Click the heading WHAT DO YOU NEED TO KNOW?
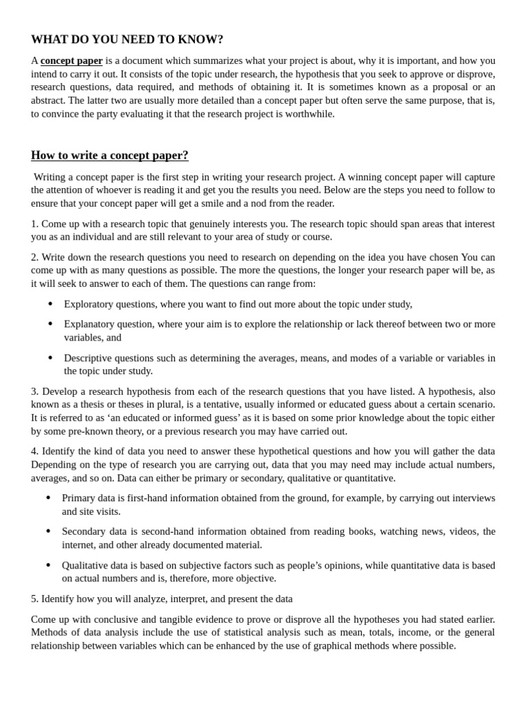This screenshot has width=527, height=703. point(127,40)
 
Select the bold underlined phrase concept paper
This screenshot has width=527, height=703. point(71,60)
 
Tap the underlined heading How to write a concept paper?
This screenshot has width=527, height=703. point(110,155)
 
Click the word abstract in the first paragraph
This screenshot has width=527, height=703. point(50,100)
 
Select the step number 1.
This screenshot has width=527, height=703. point(34,224)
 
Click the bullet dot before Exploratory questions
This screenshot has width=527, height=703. point(49,304)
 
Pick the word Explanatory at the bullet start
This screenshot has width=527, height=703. point(90,324)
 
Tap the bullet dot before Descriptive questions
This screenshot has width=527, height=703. point(49,358)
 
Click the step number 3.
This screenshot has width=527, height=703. point(34,391)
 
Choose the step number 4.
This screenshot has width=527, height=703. point(34,451)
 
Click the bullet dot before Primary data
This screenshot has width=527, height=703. point(48,498)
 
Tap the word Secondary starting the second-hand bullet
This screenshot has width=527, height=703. point(84,531)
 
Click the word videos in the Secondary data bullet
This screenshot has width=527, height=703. point(462,531)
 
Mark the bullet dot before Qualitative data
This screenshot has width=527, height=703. point(48,565)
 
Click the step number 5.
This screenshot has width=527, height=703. point(34,599)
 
